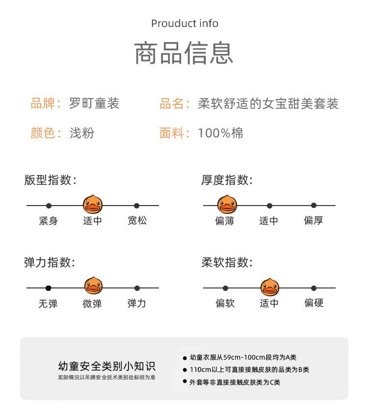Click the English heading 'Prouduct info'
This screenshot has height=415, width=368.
pos(184,23)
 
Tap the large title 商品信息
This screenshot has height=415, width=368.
pos(184,53)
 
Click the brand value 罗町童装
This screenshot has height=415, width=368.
pos(94,103)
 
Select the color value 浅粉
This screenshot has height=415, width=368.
pos(82,132)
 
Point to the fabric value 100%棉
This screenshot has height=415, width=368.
pos(220,133)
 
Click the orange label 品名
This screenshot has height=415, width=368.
pos(172,103)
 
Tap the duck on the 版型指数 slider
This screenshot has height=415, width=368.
pos(93,205)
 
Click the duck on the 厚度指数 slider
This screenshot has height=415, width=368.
pos(227,205)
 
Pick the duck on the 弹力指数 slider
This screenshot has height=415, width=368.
pos(93,286)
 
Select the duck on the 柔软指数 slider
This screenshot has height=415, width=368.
pos(270,287)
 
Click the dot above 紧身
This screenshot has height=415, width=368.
pos(49,206)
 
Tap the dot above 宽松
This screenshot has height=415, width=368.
pos(136,206)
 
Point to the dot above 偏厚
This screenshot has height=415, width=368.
pos(314,206)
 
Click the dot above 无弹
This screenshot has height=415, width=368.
pos(48,288)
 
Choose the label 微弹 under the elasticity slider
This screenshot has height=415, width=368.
pos(92,303)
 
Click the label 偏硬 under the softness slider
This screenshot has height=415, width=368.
pos(314,303)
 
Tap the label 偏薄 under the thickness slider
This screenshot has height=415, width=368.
pos(225,220)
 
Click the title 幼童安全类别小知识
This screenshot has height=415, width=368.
pos(106,366)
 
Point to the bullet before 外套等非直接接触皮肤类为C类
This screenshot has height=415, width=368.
pos(185,381)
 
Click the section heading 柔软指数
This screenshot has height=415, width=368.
pos(227,262)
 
